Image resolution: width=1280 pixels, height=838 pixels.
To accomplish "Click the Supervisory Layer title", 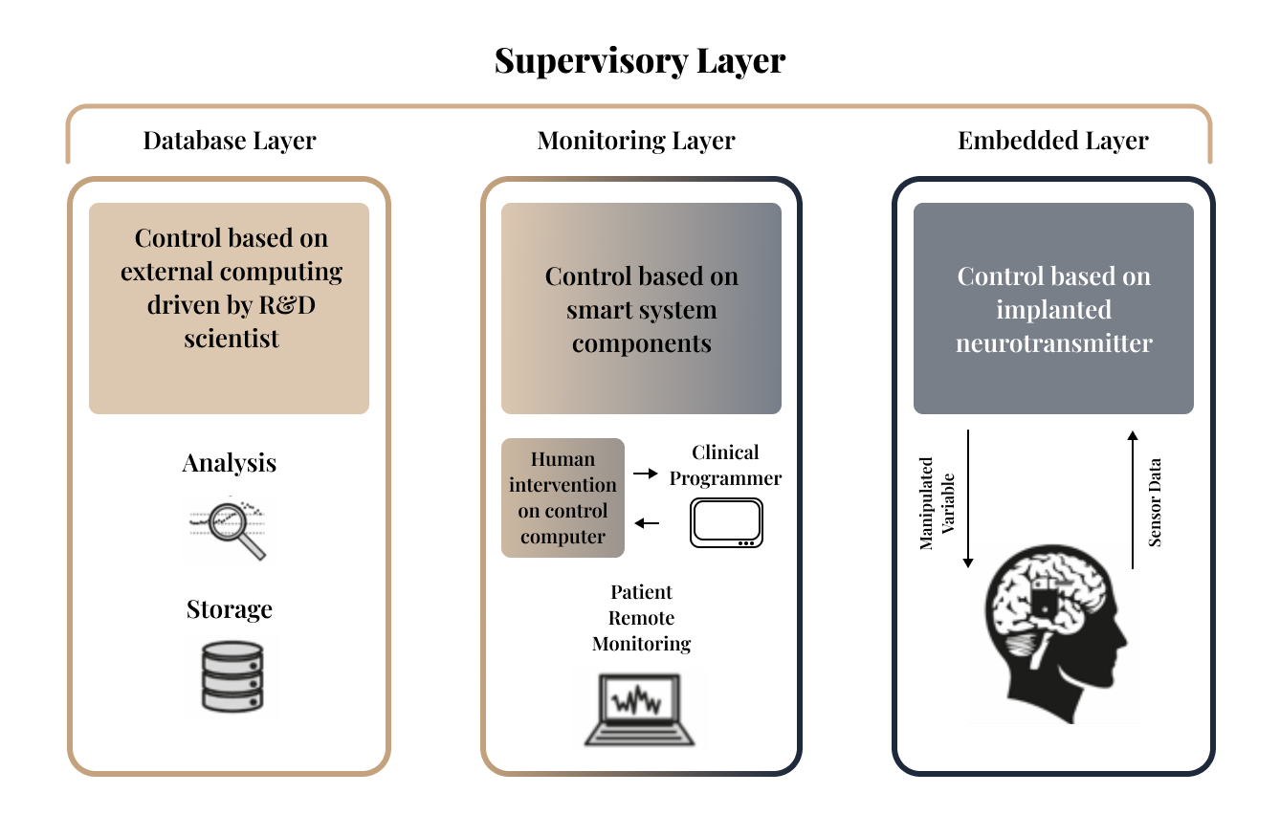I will point(640,61).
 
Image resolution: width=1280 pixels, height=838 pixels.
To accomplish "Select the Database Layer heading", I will point(230,142).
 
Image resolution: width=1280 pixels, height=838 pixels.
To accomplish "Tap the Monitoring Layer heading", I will point(636,142).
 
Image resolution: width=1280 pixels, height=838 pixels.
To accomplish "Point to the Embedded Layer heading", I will point(1053,142).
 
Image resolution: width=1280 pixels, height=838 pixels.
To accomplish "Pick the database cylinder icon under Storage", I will point(231,675).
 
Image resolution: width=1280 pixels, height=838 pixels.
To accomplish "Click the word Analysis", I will point(230,463).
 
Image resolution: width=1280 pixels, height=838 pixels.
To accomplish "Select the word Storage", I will point(230,609).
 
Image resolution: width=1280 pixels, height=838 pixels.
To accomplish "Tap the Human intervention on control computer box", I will point(563,497).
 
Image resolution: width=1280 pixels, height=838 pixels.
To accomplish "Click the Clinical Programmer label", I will point(725,465).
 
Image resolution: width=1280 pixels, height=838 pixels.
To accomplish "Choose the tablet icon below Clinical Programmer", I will point(727,523).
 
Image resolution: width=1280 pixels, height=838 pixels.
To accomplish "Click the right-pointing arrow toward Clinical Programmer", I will point(647,474).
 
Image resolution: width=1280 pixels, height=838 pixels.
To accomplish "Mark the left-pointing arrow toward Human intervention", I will point(647,522).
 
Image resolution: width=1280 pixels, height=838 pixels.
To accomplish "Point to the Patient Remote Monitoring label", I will point(641,618).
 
